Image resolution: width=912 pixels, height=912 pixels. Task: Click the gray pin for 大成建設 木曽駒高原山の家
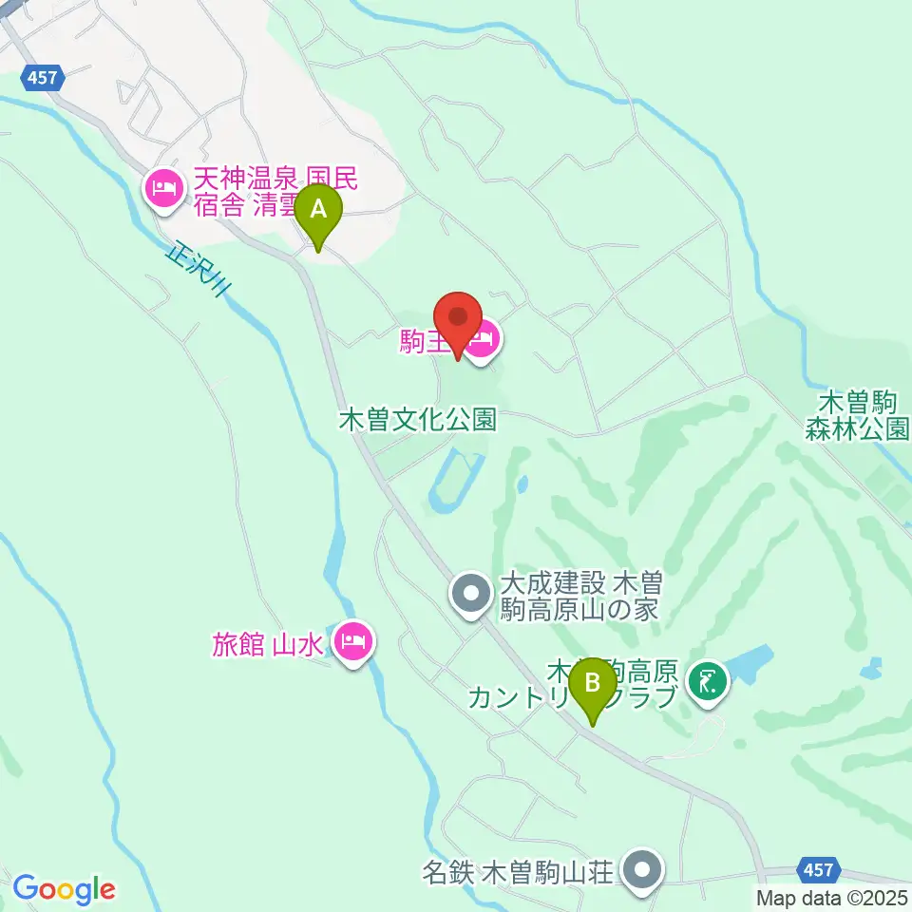tap(471, 595)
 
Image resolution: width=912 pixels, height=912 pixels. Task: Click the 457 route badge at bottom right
tap(816, 869)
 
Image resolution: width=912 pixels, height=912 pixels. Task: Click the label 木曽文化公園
tap(418, 420)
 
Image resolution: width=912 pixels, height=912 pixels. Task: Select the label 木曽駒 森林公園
tap(858, 415)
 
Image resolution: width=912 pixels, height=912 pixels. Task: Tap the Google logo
tap(64, 889)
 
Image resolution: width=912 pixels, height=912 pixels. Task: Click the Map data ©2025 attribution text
tap(832, 897)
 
